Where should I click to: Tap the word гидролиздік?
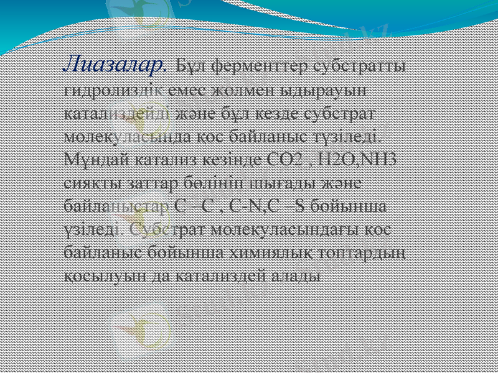coord(115,90)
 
